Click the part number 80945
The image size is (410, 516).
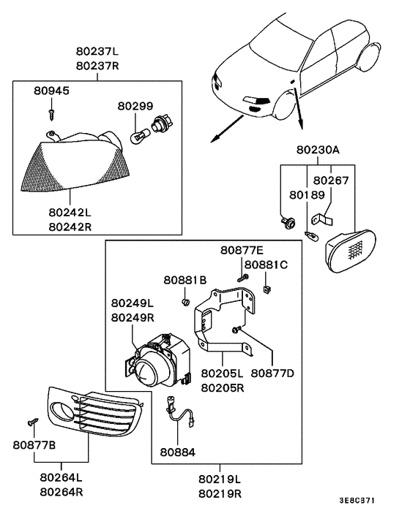[x=51, y=91]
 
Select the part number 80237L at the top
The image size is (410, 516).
[x=97, y=52]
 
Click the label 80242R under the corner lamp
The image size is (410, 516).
[x=70, y=227]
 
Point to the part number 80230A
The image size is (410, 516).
[x=318, y=151]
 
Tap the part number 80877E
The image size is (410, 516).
[x=243, y=251]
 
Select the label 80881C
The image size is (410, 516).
[x=266, y=264]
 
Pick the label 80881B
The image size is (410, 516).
[x=185, y=280]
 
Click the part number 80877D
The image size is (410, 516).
[x=272, y=373]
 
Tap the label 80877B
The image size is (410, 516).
[x=34, y=444]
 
